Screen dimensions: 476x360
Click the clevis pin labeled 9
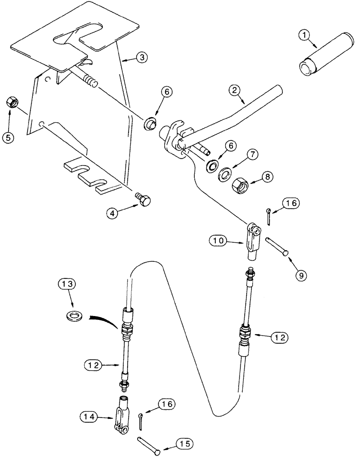pos(276,248)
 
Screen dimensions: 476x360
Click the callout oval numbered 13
pos(67,285)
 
